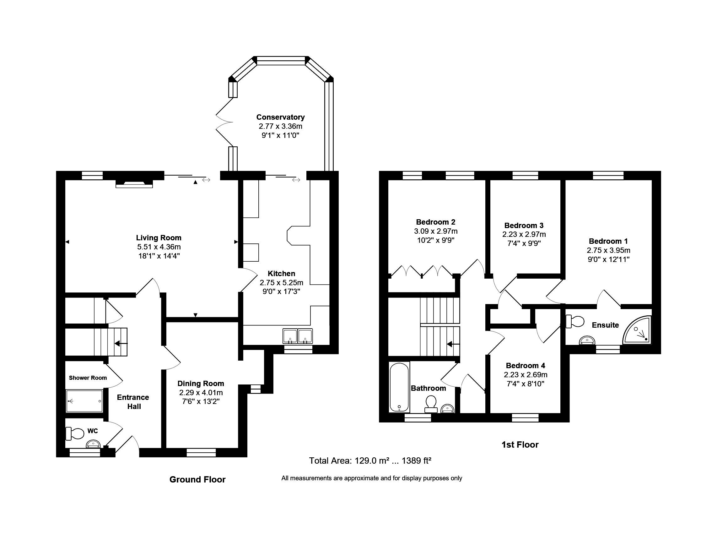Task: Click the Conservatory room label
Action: coord(280,117)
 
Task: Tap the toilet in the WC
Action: coord(75,433)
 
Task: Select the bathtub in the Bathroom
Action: coord(399,388)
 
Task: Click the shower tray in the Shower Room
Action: coord(84,401)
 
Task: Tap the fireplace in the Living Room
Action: coord(134,184)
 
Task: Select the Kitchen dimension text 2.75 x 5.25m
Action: coord(281,283)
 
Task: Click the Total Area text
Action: coord(370,461)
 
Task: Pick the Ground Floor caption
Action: coord(197,479)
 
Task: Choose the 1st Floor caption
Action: coord(520,444)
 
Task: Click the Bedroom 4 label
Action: coord(526,366)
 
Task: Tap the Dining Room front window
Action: coord(201,453)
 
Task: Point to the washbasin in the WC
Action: coord(93,444)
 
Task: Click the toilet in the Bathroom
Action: coord(431,405)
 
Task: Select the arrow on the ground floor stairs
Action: coord(121,343)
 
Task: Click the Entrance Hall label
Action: coord(133,402)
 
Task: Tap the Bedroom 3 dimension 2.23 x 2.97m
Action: coord(524,234)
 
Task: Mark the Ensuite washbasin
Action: coord(587,340)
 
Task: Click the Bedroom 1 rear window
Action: coord(608,176)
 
